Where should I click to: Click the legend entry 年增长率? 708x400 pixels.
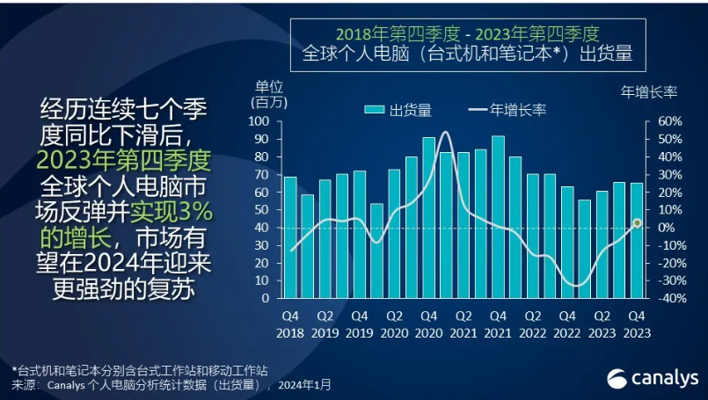[507, 110]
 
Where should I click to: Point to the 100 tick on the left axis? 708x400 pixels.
[262, 121]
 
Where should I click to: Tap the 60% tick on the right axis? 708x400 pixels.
[669, 121]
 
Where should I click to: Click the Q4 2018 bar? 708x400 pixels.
[290, 237]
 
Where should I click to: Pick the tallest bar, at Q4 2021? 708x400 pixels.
[498, 216]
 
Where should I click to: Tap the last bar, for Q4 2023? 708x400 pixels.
[636, 240]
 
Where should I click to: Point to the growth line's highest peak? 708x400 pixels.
[445, 133]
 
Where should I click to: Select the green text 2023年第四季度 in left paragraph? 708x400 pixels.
[124, 162]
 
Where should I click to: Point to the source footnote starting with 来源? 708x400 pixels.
[172, 385]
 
